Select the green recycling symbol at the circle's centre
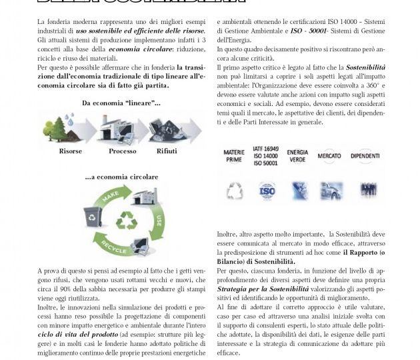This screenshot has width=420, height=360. pos(125,221)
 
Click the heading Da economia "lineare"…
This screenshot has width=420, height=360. pos(121,103)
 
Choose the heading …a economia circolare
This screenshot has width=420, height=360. pos(121,177)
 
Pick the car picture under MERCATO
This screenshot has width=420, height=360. pos(331,191)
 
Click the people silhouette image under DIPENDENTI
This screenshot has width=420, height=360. pos(367,191)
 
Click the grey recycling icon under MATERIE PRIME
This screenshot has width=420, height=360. pos(235,192)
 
